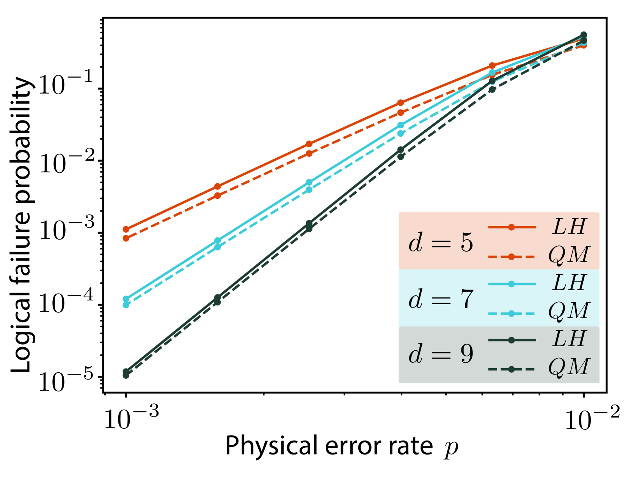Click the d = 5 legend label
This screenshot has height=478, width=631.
441,242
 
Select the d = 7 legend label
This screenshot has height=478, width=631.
441,299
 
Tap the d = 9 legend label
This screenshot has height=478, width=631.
441,355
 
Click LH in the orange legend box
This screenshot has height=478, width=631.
570,227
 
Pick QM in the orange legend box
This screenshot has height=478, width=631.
569,255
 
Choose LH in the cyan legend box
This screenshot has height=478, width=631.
570,283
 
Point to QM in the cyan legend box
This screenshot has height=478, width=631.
569,311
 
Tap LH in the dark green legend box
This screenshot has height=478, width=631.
570,339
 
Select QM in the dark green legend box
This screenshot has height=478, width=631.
569,367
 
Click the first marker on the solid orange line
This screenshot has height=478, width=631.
126,230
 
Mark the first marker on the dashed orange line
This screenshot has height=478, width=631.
126,238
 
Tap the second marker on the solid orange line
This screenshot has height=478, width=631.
217,186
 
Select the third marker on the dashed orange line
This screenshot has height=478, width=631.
309,153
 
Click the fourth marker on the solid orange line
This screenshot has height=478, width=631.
400,103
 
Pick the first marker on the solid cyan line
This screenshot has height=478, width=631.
126,298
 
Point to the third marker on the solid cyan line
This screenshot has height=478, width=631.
309,183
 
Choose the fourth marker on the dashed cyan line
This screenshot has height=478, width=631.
400,133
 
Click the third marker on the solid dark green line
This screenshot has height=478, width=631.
309,223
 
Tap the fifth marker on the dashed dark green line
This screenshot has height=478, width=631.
492,90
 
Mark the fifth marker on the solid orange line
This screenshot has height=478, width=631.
492,66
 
